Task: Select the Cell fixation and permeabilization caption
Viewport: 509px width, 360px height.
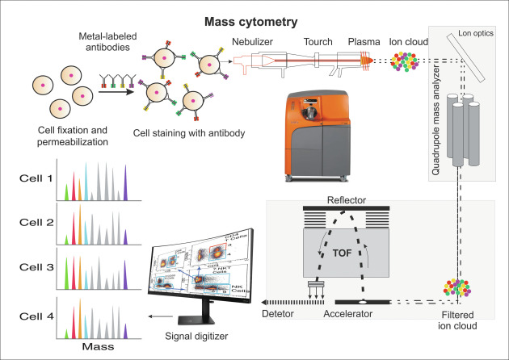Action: [65, 137]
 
